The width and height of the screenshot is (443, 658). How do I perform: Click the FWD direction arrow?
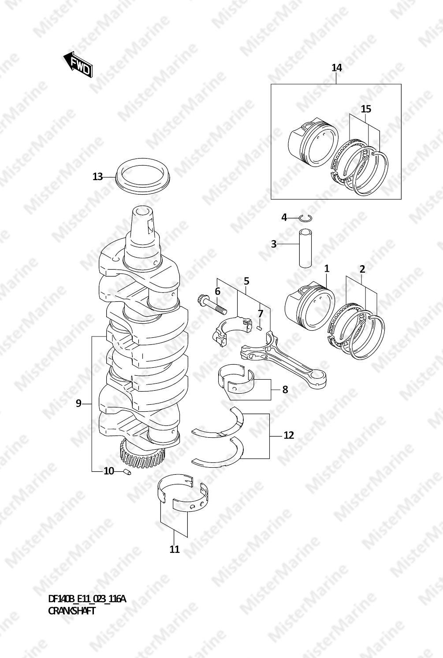click(78, 65)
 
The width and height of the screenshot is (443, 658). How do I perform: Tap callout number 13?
click(97, 177)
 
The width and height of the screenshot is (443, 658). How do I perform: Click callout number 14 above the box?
click(337, 68)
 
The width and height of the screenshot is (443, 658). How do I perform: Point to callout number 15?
click(366, 109)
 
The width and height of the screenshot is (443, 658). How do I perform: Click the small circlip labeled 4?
click(306, 218)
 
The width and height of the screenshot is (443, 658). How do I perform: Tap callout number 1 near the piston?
click(327, 268)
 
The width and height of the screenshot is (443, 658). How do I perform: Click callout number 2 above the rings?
click(362, 269)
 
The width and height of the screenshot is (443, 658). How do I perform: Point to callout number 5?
click(246, 281)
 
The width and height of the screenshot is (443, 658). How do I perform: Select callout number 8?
click(285, 390)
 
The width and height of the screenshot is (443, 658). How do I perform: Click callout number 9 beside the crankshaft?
click(78, 403)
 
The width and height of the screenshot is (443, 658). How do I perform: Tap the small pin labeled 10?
click(127, 472)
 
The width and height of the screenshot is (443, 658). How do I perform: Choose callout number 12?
click(289, 435)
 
